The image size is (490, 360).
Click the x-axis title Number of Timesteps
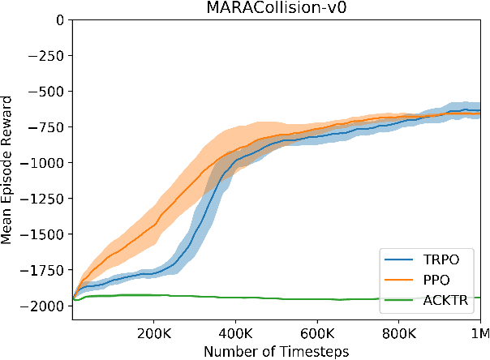point(276,350)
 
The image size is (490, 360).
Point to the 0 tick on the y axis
point(60,19)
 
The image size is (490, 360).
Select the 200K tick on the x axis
point(154,332)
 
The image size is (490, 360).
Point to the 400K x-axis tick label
point(236,332)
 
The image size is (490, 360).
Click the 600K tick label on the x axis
point(317,332)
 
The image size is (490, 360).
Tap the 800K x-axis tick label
point(398,332)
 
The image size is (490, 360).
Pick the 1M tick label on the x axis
point(478,332)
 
